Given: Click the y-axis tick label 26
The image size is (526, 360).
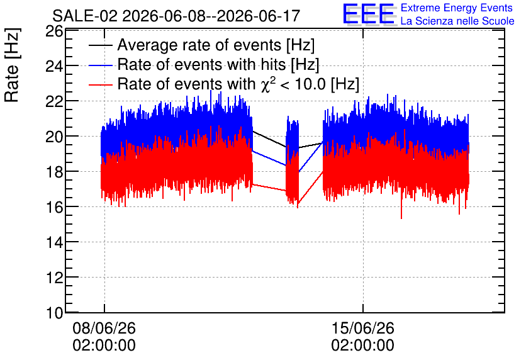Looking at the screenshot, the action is click(54, 31).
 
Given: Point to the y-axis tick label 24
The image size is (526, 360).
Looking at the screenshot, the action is click(54, 67).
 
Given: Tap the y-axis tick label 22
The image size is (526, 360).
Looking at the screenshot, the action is click(54, 102).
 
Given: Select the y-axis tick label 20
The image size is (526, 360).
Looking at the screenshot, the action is click(54, 137).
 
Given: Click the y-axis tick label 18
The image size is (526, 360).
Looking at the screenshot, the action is click(54, 172).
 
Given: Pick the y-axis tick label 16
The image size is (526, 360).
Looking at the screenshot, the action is click(54, 207).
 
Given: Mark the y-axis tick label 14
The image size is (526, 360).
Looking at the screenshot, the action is click(54, 242).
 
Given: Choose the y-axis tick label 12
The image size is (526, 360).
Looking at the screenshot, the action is click(54, 278).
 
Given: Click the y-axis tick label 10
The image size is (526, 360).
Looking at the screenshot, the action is click(54, 313).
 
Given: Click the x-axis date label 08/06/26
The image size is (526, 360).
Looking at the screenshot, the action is click(104, 328).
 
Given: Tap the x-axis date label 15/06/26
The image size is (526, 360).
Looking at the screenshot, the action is click(362, 328).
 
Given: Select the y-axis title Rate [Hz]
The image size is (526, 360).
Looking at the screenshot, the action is click(13, 65).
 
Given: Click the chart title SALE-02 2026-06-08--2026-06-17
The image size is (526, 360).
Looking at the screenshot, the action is click(176, 16).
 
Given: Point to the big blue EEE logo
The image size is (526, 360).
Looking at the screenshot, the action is click(369, 14).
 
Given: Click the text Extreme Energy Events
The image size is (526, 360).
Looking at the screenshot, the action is click(457, 8).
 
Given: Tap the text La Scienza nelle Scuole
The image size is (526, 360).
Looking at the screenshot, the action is click(457, 21).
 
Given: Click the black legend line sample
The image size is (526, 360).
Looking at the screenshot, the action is click(100, 45).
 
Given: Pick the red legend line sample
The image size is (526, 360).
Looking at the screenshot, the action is click(100, 84).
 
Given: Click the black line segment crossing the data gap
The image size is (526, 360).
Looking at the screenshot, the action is click(269, 139).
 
